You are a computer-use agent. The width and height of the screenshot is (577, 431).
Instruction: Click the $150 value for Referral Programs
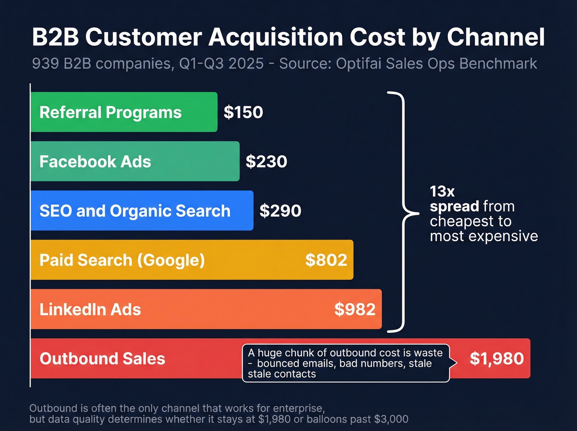pyautogui.click(x=243, y=112)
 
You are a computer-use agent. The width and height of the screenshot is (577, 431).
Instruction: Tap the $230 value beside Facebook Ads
pyautogui.click(x=266, y=161)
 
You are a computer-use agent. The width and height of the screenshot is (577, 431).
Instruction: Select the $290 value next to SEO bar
pyautogui.click(x=280, y=211)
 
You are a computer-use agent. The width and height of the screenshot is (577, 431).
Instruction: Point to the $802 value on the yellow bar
pyautogui.click(x=326, y=260)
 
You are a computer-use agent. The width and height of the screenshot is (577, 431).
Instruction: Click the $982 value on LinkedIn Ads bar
pyautogui.click(x=355, y=309)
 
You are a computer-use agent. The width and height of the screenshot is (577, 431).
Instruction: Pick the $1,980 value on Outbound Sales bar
pyautogui.click(x=497, y=358)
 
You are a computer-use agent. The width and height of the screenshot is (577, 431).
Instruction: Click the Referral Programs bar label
pyautogui.click(x=110, y=112)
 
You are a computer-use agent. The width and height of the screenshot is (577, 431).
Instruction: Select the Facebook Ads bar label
pyautogui.click(x=95, y=162)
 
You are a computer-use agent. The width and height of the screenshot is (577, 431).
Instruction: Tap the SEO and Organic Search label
pyautogui.click(x=135, y=211)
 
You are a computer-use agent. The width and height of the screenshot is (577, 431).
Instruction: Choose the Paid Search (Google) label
pyautogui.click(x=122, y=260)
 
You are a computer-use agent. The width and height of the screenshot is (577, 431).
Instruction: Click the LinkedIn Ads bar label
pyautogui.click(x=90, y=309)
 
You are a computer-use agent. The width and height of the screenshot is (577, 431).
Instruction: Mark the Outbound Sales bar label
pyautogui.click(x=102, y=359)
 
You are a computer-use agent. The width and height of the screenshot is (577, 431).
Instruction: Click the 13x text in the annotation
pyautogui.click(x=442, y=191)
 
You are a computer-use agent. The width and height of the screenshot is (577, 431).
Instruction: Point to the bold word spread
pyautogui.click(x=454, y=206)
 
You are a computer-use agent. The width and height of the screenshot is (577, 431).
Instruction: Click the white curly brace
pyautogui.click(x=402, y=212)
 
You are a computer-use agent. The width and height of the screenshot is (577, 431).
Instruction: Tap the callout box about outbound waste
pyautogui.click(x=345, y=363)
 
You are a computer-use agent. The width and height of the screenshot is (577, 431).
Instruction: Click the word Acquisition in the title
pyautogui.click(x=276, y=37)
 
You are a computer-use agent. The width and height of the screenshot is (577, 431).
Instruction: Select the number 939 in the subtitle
pyautogui.click(x=45, y=64)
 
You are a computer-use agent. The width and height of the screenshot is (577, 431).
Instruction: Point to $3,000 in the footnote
pyautogui.click(x=391, y=419)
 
